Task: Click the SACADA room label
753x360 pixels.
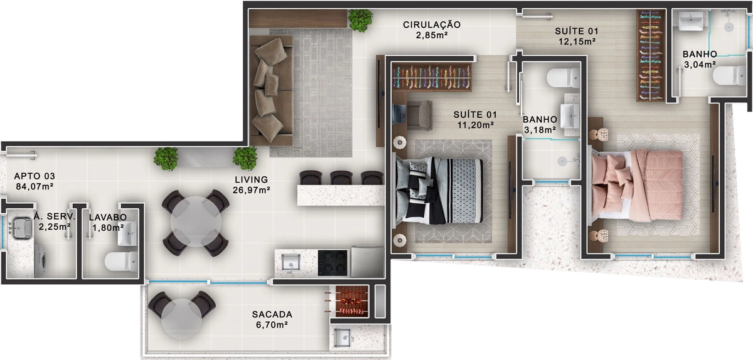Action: tap(272, 314)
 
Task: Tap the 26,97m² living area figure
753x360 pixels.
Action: tap(252, 190)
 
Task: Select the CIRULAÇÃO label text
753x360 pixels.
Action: tap(432, 24)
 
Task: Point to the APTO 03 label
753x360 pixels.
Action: tap(35, 176)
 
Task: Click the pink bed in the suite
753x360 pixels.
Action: tap(637, 186)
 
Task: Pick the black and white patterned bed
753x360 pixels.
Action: tap(439, 190)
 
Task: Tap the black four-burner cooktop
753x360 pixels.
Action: tap(333, 263)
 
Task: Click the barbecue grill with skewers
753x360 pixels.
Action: tap(349, 302)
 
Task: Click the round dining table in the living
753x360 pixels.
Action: tap(196, 222)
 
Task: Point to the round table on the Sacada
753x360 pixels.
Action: tap(181, 319)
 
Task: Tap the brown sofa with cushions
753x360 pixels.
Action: tap(272, 90)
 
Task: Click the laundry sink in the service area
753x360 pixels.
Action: tap(21, 228)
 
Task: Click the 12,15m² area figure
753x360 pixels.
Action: tap(577, 41)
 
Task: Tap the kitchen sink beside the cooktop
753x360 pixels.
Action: tap(291, 262)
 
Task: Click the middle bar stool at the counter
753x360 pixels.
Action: tap(341, 178)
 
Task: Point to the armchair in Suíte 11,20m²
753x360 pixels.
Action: tap(419, 115)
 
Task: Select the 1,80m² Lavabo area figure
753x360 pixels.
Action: tap(108, 228)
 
